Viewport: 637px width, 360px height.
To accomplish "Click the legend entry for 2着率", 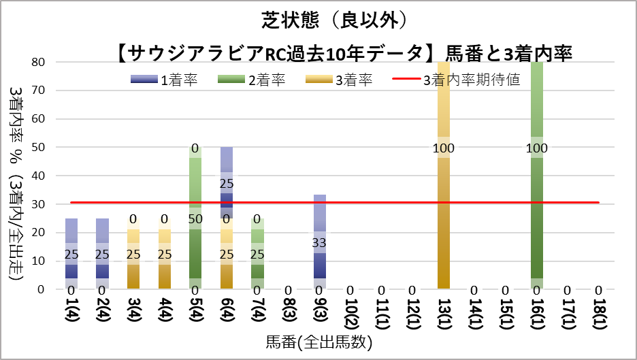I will click(x=251, y=80).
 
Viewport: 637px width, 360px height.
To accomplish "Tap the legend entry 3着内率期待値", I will click(x=457, y=80).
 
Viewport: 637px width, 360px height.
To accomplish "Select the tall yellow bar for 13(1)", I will click(x=444, y=204).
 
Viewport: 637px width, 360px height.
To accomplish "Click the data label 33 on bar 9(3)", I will click(x=319, y=242).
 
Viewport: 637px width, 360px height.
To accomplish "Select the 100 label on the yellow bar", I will click(x=444, y=148).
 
